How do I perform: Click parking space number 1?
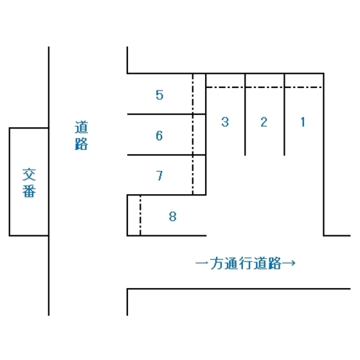303,122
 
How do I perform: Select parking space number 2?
264,122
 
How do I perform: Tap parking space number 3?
225,122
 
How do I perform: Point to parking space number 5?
159,95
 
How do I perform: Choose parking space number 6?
159,136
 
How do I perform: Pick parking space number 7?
159,175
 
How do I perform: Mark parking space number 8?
173,217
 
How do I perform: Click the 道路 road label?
82,136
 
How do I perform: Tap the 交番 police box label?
29,183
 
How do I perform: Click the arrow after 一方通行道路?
289,263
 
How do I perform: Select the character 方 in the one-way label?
217,263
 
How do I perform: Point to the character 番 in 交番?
29,191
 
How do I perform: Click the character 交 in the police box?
29,175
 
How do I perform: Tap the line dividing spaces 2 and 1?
284,114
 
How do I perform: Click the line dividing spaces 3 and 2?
245,114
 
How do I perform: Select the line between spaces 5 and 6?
166,114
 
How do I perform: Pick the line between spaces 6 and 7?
166,155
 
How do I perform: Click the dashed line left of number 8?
140,215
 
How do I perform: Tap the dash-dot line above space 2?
265,87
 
